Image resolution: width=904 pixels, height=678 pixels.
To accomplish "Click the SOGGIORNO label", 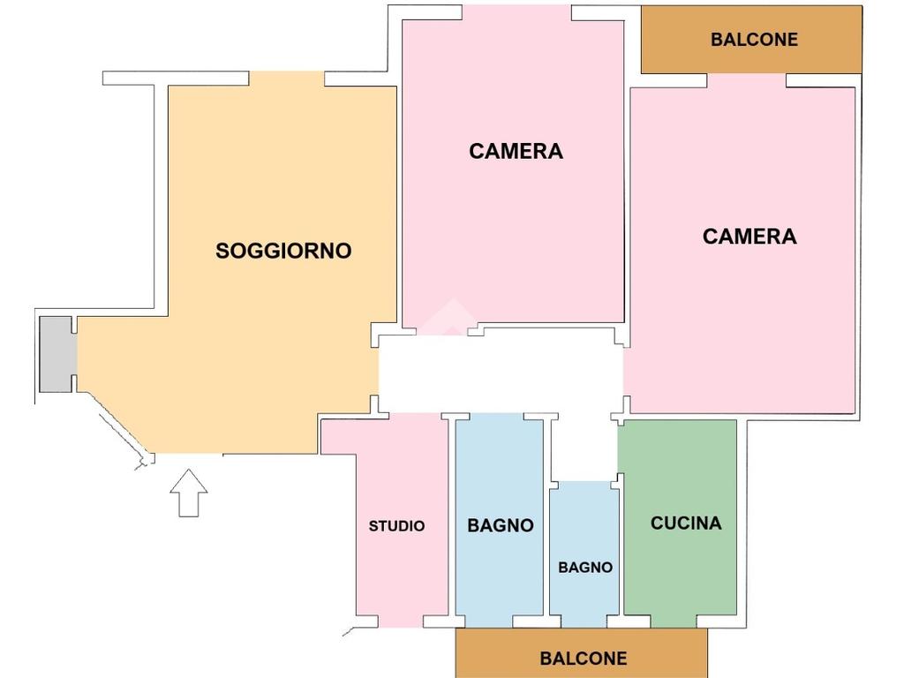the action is click(x=283, y=251).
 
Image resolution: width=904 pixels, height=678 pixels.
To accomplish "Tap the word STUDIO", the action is click(x=396, y=526).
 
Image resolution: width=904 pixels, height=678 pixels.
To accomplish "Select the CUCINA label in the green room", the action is click(x=686, y=523).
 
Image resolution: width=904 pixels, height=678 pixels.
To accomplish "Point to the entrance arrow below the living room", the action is click(x=189, y=493).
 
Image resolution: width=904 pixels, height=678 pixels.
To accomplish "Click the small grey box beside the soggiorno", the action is click(x=56, y=354).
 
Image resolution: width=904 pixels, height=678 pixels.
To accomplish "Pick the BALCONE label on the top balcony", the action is click(x=754, y=39).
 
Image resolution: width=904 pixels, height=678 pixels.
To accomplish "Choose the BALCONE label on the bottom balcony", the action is click(x=584, y=659).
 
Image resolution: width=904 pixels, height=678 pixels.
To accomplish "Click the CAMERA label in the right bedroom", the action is click(x=750, y=237).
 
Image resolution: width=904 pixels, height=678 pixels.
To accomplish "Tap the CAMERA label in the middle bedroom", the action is click(x=516, y=151).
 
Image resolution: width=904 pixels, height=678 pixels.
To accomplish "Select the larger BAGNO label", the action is click(x=501, y=525).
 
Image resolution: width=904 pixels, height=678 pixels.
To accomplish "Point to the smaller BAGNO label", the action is click(x=585, y=568).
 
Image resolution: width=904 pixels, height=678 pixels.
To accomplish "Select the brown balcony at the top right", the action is click(x=752, y=39).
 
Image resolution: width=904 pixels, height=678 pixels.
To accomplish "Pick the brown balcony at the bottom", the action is click(x=582, y=653).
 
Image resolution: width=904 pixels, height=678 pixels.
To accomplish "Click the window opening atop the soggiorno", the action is click(x=287, y=79).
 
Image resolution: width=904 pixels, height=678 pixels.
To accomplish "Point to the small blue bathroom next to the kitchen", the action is click(x=584, y=554).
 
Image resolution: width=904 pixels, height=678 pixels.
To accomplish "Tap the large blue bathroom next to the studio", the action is click(x=500, y=522).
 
